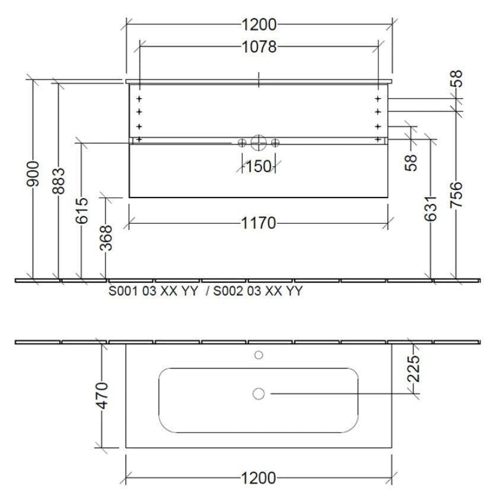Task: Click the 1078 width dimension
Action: tap(259, 47)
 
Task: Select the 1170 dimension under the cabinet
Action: tap(258, 223)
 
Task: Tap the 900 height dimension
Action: tap(33, 174)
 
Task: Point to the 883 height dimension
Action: tap(58, 181)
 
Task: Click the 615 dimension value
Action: tap(82, 211)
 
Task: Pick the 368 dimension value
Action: tap(106, 238)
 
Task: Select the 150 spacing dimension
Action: tap(259, 167)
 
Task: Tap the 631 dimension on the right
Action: tap(430, 209)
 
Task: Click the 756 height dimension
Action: tap(456, 195)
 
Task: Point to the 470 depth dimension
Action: tap(103, 396)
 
